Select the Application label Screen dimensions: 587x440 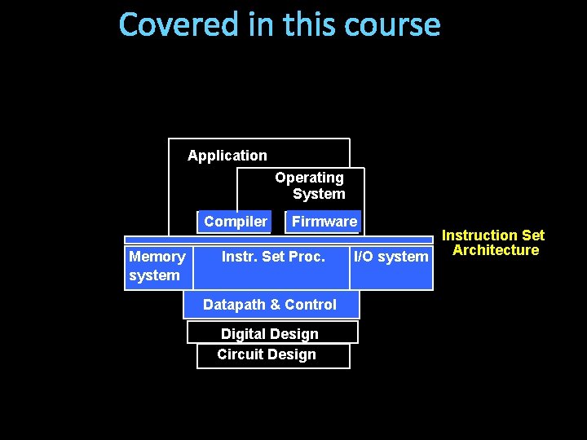click(x=227, y=156)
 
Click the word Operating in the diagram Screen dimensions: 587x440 click(x=309, y=178)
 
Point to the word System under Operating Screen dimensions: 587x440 click(x=319, y=194)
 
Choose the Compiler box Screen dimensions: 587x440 click(x=235, y=222)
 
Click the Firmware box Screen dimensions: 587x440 click(x=324, y=222)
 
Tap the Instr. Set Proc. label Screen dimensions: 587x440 click(x=273, y=257)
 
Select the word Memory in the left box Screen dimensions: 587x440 click(x=157, y=257)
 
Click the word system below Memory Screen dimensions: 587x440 click(x=154, y=275)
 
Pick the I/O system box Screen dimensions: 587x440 click(x=391, y=257)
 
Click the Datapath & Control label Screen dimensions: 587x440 click(x=270, y=305)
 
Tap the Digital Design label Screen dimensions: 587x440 click(x=270, y=334)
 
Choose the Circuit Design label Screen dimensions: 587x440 click(x=267, y=354)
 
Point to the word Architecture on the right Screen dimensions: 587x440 click(x=496, y=250)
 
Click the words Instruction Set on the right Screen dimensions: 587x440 click(x=493, y=235)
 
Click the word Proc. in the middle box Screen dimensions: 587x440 click(x=308, y=257)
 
